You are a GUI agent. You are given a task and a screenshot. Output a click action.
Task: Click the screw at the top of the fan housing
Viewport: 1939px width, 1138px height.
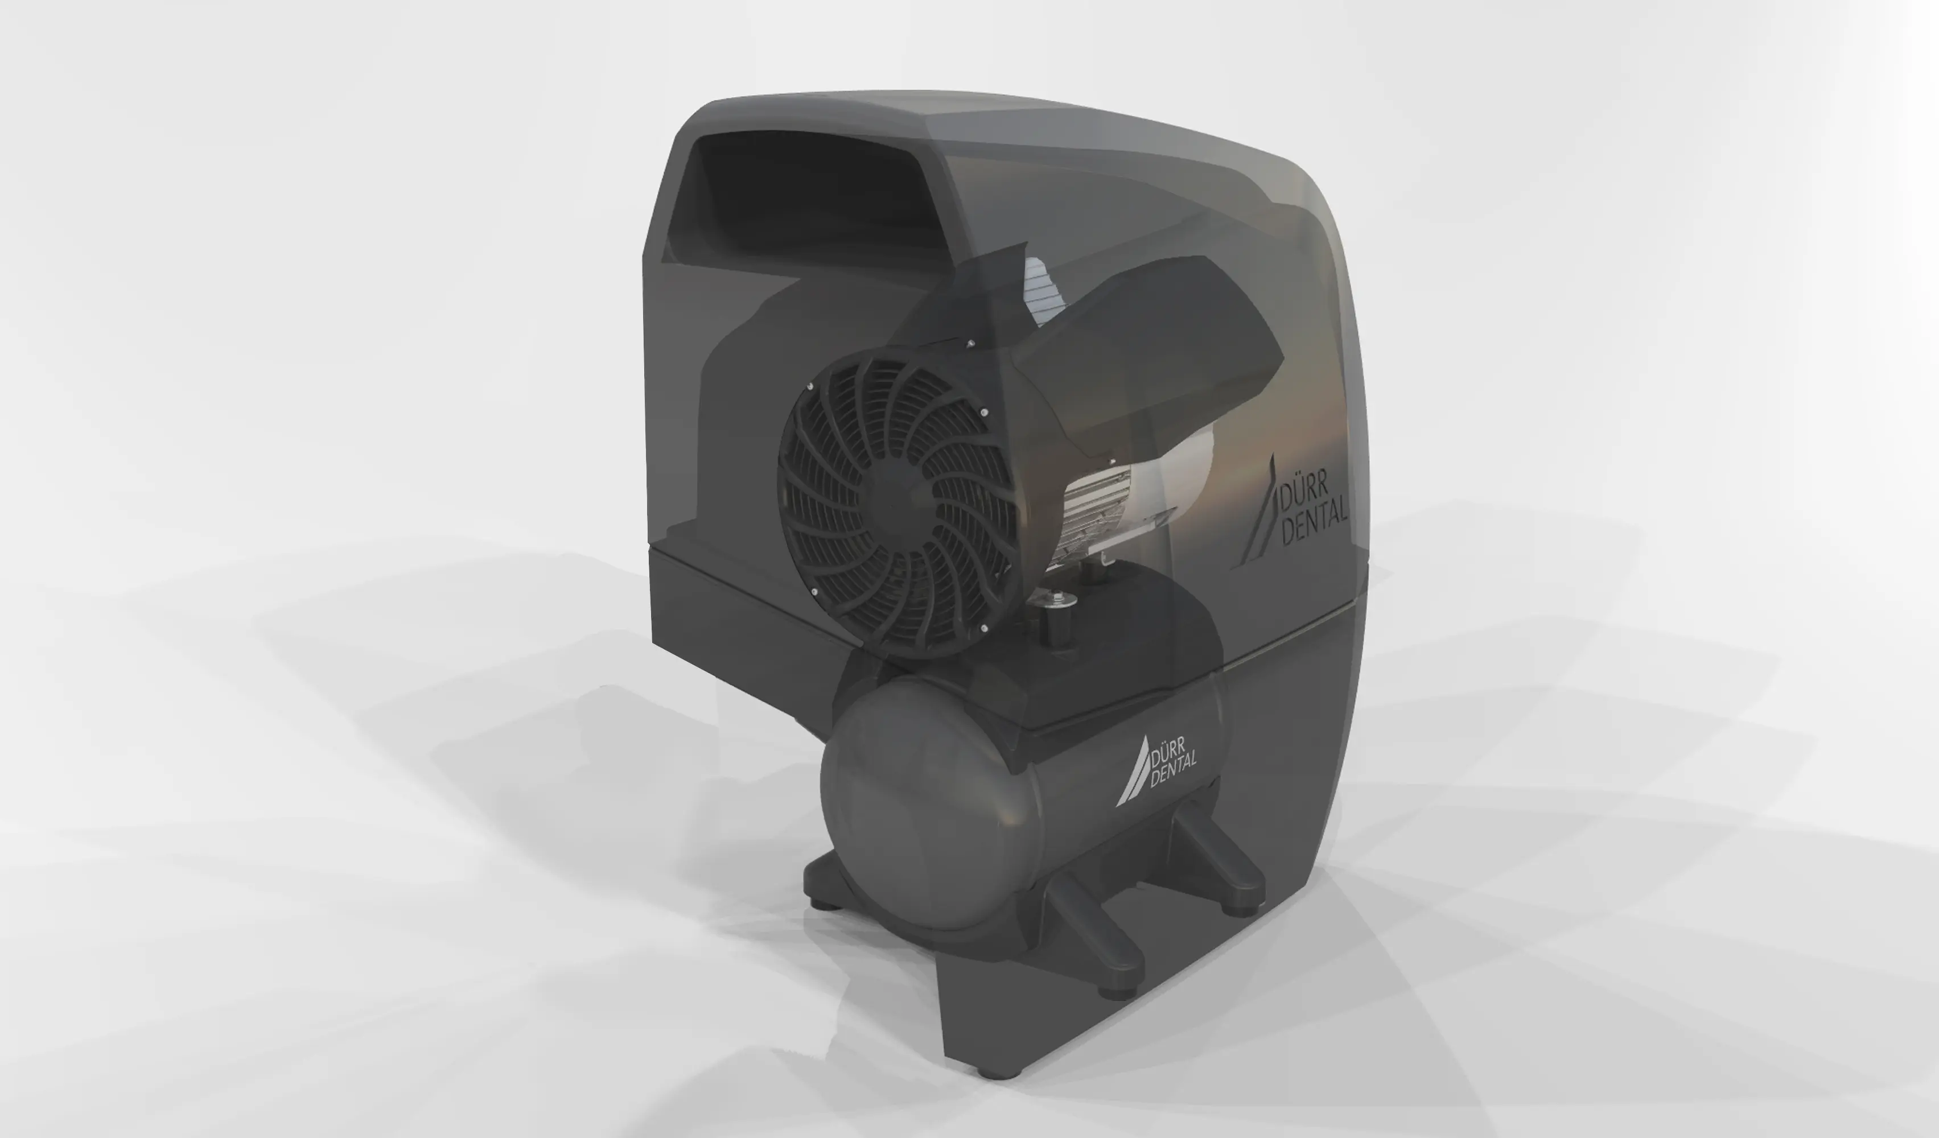(970, 343)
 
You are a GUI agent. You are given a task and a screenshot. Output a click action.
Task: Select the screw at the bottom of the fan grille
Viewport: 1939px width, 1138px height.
(984, 629)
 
